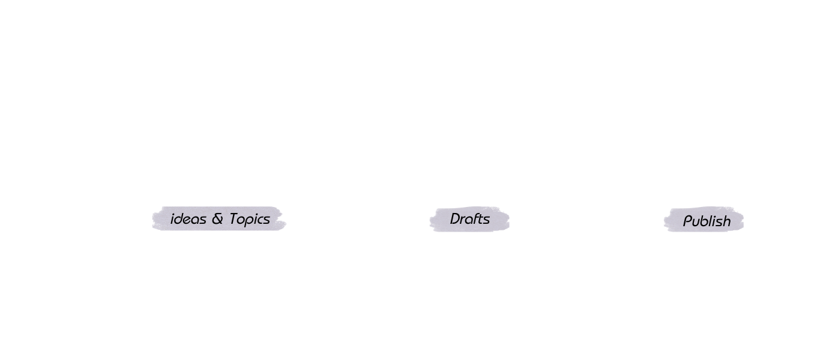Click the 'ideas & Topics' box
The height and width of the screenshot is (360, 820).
220,220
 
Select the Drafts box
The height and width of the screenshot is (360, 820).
470,220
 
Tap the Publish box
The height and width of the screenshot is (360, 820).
707,221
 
